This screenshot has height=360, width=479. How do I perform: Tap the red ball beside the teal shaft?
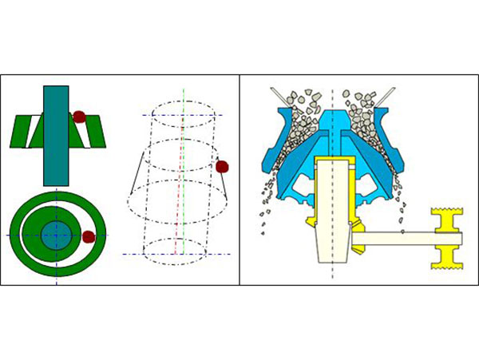pyautogui.click(x=80, y=117)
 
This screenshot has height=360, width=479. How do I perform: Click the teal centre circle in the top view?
pyautogui.click(x=57, y=235)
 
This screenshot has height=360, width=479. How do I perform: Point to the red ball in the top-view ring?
pyautogui.click(x=89, y=236)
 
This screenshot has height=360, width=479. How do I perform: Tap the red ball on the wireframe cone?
pyautogui.click(x=223, y=167)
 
